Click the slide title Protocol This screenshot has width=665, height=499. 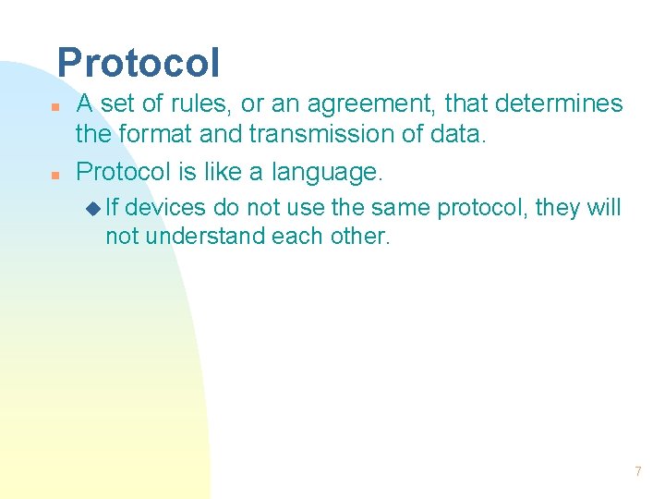point(139,63)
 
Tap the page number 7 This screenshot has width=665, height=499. point(637,472)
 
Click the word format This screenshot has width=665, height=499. point(157,134)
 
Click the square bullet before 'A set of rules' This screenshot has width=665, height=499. point(55,106)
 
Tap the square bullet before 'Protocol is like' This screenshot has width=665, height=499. point(55,175)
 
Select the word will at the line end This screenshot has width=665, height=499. point(605,208)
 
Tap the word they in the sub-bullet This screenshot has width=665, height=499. point(557,208)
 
